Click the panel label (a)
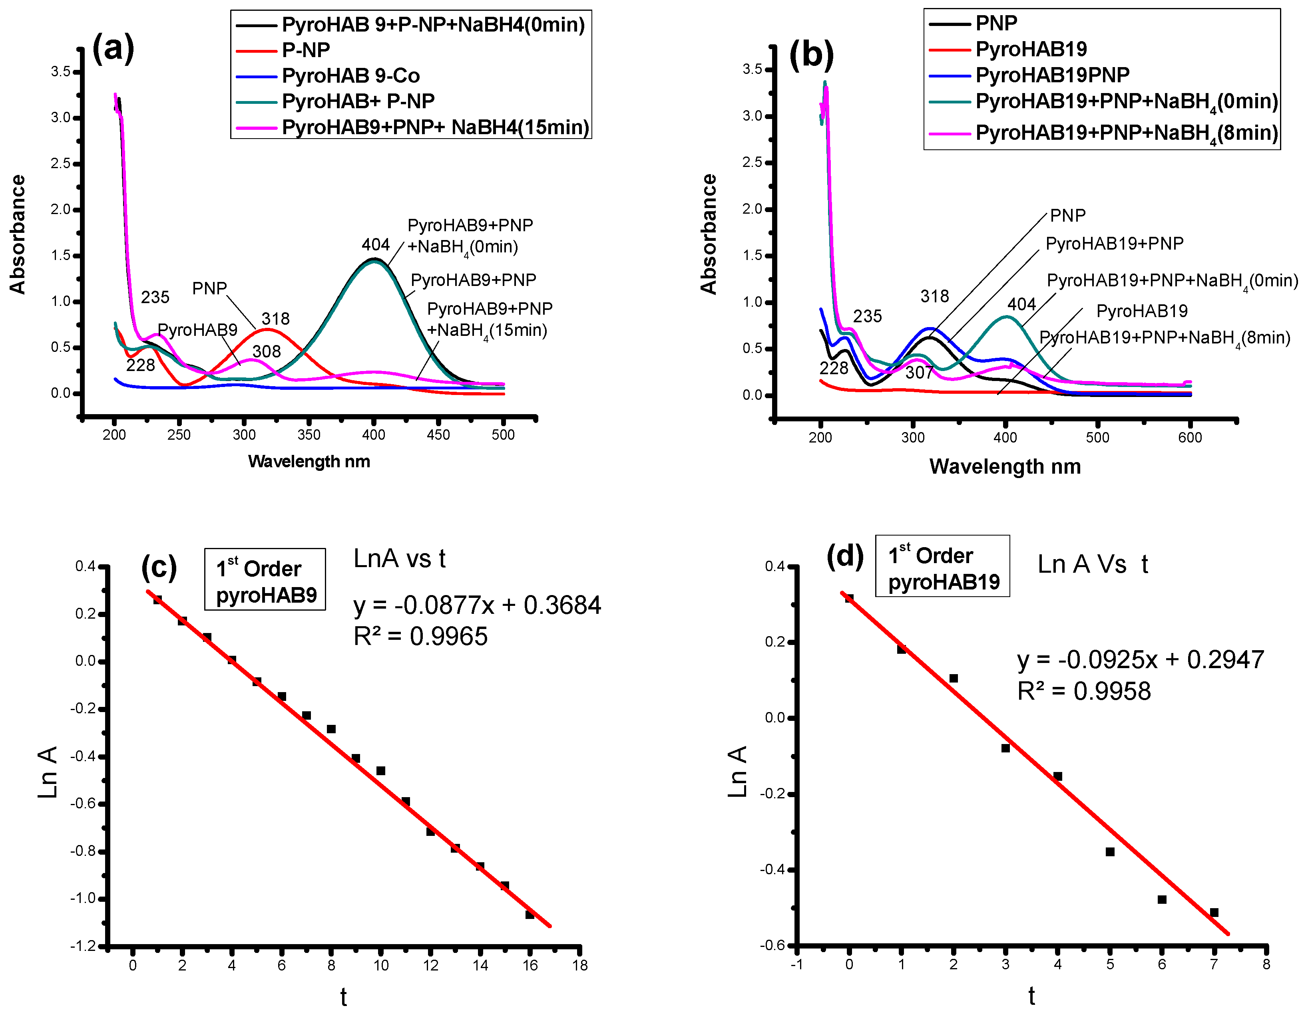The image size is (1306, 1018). pyautogui.click(x=113, y=48)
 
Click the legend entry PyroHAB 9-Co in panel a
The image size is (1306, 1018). pyautogui.click(x=350, y=76)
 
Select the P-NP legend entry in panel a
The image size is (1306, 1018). pyautogui.click(x=306, y=50)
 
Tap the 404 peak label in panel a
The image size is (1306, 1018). pyautogui.click(x=376, y=244)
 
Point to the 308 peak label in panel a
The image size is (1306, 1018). pyautogui.click(x=266, y=351)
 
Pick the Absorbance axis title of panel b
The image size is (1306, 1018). pyautogui.click(x=709, y=234)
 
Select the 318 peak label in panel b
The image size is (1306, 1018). pyautogui.click(x=934, y=296)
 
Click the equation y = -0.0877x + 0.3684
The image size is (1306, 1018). pyautogui.click(x=477, y=605)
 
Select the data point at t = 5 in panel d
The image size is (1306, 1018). pyautogui.click(x=1110, y=852)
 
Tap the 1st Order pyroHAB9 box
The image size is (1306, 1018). pyautogui.click(x=265, y=579)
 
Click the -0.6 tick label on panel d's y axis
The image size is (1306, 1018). pyautogui.click(x=772, y=946)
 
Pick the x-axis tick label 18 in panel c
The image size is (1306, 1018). pyautogui.click(x=579, y=965)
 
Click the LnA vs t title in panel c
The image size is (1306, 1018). pyautogui.click(x=400, y=559)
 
